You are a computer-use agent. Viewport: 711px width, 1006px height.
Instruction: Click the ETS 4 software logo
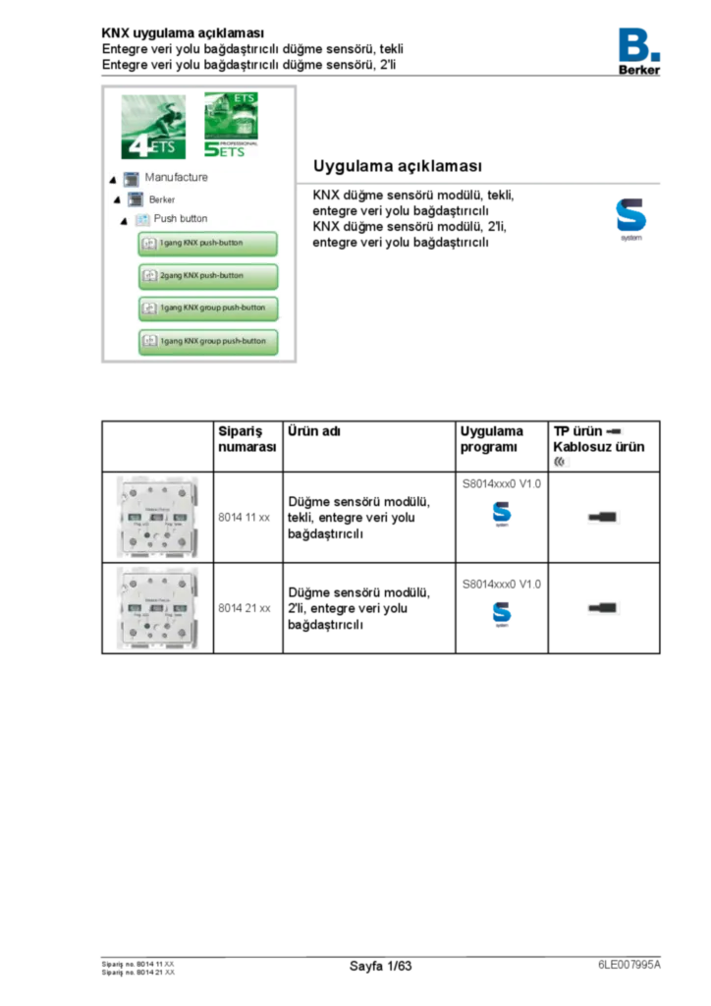tap(153, 129)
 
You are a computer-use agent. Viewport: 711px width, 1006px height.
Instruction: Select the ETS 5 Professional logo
tap(231, 127)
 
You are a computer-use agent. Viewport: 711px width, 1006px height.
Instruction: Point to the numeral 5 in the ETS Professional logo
tap(210, 151)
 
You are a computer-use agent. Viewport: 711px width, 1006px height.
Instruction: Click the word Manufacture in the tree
tap(176, 178)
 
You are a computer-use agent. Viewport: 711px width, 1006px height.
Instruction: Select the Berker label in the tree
tap(162, 199)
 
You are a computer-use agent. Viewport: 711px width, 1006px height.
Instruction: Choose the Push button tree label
tap(181, 218)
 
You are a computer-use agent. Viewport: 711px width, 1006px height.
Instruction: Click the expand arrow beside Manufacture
tap(113, 180)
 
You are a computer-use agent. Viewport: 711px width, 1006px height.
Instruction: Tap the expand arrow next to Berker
tap(118, 200)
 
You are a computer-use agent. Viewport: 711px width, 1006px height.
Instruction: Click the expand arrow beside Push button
tap(124, 220)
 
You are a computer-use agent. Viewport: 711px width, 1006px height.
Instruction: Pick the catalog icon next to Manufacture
tap(132, 179)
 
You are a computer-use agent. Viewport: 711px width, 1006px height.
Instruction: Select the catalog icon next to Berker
tap(137, 199)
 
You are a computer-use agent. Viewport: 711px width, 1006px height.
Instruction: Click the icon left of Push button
tap(142, 219)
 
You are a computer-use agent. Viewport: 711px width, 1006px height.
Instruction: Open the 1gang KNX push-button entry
tap(207, 243)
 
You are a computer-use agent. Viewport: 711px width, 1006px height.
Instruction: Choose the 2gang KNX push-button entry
tap(207, 276)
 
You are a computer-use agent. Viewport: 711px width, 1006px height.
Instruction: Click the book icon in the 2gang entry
tap(149, 276)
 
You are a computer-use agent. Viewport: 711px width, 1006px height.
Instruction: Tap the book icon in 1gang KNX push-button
tap(149, 243)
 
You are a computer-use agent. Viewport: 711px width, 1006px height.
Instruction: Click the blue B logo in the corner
tap(639, 43)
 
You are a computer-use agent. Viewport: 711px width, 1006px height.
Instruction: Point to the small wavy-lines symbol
tap(563, 461)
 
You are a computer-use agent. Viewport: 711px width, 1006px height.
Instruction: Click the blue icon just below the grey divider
tap(631, 219)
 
